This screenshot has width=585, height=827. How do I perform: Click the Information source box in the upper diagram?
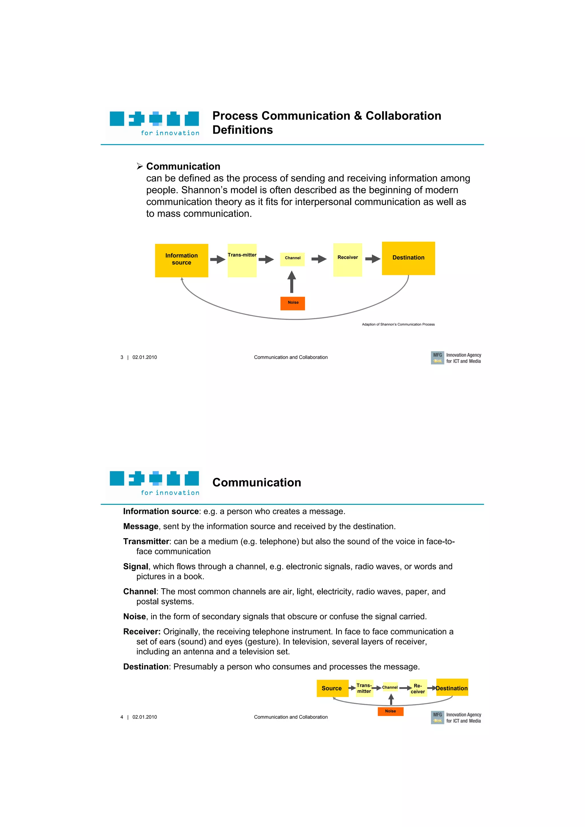(x=181, y=260)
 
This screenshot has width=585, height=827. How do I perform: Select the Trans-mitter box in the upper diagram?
(x=242, y=260)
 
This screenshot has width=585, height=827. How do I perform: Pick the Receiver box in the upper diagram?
(x=347, y=260)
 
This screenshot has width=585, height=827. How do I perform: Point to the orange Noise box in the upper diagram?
(x=293, y=303)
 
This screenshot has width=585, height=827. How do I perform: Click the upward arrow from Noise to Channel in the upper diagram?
(x=292, y=282)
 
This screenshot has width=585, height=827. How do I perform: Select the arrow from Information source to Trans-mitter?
(x=217, y=259)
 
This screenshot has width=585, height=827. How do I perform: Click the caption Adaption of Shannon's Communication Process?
(x=398, y=324)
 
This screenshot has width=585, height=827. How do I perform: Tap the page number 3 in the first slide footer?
(x=122, y=357)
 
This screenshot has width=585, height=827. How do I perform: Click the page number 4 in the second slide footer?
(x=122, y=717)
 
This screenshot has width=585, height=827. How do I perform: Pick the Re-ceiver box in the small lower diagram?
(x=418, y=688)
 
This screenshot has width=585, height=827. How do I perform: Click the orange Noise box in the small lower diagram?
(x=390, y=711)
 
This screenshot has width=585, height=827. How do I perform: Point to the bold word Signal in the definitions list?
(x=135, y=566)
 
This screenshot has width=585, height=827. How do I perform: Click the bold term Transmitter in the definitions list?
(x=146, y=541)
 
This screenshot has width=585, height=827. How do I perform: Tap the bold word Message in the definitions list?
(x=141, y=526)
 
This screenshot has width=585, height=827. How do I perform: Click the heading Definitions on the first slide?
(x=243, y=130)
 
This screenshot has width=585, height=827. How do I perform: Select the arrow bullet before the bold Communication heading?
(x=140, y=166)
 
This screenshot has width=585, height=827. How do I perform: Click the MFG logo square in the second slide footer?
(x=437, y=717)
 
